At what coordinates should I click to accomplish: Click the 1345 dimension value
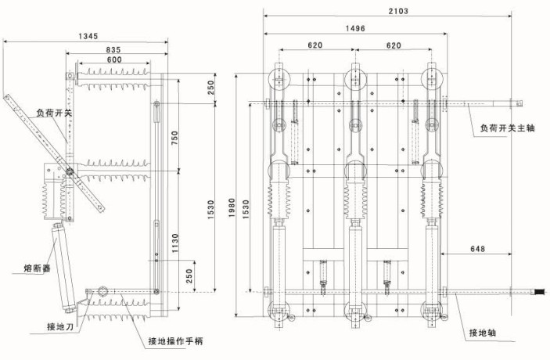point(89,37)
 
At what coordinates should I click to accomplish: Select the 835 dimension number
point(113,51)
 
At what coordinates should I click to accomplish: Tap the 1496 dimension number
point(354,28)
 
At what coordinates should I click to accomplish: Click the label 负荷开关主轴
point(508,128)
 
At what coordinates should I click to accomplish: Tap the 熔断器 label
point(38,269)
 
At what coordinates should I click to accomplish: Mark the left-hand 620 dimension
point(315,45)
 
